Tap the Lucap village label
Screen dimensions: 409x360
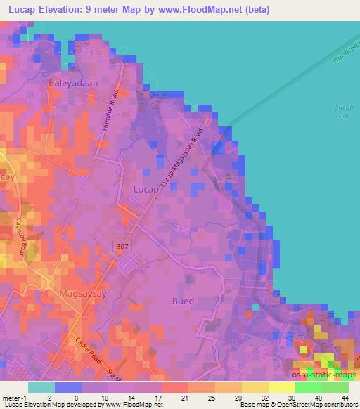[147, 189]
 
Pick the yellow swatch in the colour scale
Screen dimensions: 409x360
[282, 387]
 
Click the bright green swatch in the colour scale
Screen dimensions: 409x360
[309, 387]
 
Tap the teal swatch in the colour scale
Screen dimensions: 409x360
[41, 387]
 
